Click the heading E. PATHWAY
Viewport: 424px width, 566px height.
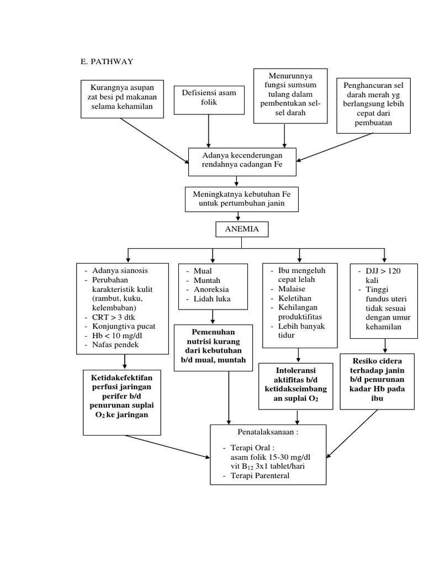click(107, 61)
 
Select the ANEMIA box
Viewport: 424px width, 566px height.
click(242, 229)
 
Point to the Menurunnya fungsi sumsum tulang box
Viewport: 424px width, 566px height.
click(290, 96)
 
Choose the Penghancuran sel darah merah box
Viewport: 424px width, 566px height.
click(374, 105)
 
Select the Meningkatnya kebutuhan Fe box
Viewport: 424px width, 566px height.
click(241, 200)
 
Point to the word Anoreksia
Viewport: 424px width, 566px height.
click(211, 289)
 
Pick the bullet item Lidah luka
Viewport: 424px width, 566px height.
click(212, 298)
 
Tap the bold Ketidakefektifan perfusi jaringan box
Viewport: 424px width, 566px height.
click(122, 396)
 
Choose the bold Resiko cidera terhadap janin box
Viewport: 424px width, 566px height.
click(377, 380)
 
